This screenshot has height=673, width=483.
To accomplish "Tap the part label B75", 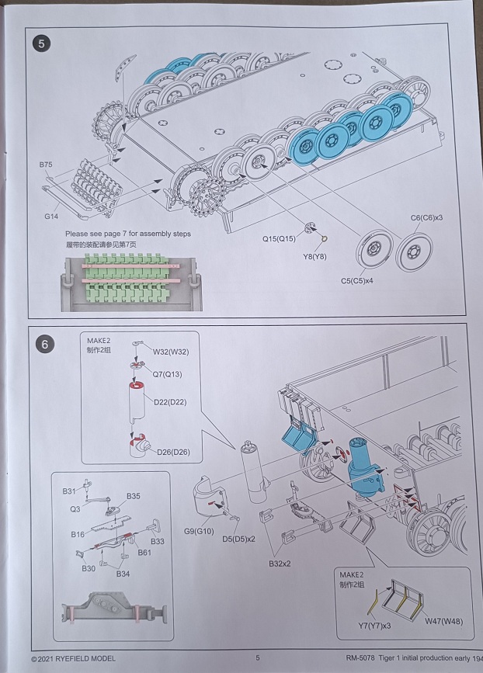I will [46, 165].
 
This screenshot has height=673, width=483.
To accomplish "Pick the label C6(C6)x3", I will [426, 218].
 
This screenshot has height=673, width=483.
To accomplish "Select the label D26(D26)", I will [172, 452].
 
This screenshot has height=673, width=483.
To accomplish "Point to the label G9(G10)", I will [200, 531].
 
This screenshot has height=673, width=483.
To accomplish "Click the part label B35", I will [133, 496].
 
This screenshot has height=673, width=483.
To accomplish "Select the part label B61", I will [144, 552].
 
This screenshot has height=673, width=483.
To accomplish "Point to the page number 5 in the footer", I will [257, 658].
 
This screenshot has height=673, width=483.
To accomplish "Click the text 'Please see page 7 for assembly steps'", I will [127, 234].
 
